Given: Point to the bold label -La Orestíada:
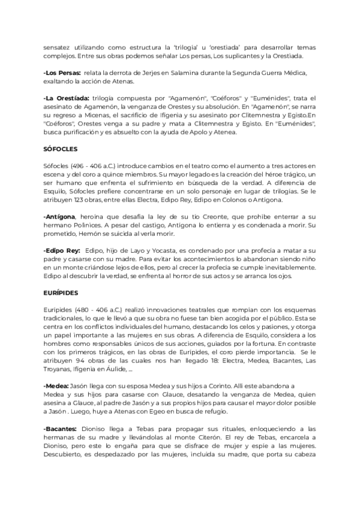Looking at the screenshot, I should coord(67,98).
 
